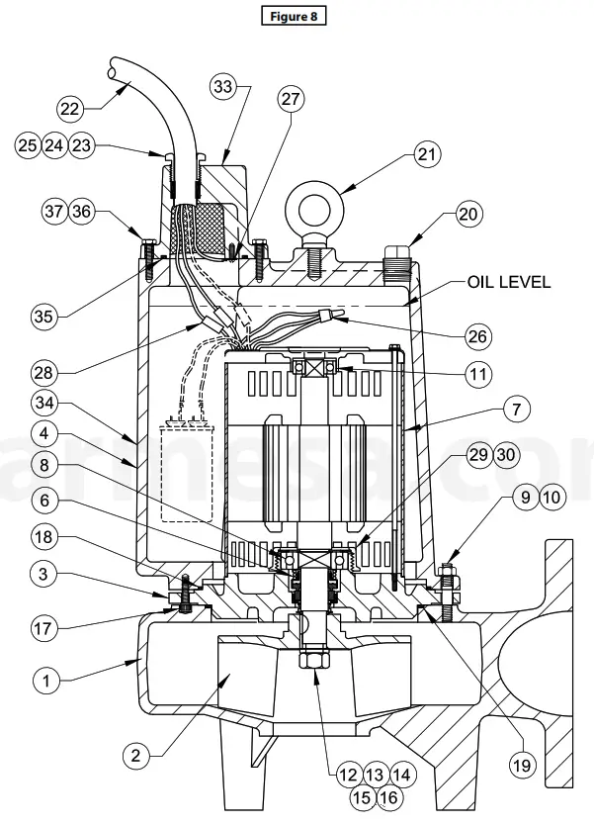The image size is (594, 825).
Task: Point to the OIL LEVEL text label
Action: (508, 283)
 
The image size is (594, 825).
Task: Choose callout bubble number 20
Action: (468, 215)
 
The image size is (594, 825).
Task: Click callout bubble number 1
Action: (43, 680)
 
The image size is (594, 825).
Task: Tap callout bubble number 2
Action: (137, 755)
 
